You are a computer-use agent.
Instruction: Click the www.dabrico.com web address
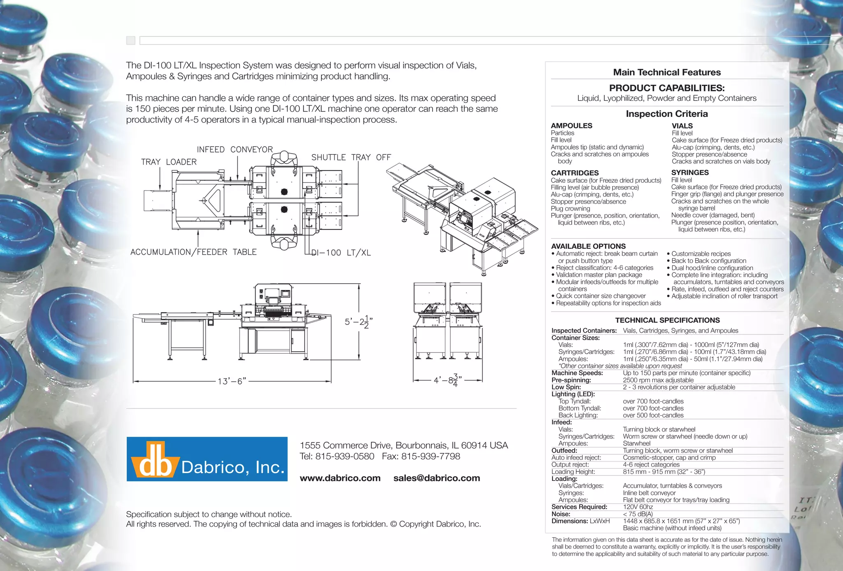click(x=340, y=478)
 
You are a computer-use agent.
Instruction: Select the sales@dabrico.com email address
click(x=436, y=478)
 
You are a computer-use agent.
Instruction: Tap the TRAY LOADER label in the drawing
click(x=169, y=162)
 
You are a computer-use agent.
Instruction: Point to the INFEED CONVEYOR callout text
click(x=235, y=149)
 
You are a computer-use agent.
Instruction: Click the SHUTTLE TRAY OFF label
click(x=351, y=157)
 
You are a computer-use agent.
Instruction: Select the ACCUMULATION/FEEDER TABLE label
click(x=193, y=252)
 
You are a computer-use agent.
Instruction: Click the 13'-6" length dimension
click(x=232, y=381)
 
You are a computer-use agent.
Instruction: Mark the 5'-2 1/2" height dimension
click(x=359, y=322)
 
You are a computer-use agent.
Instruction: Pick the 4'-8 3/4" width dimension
click(x=448, y=380)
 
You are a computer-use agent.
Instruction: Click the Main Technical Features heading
click(x=667, y=72)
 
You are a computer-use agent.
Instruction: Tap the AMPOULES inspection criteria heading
click(x=571, y=126)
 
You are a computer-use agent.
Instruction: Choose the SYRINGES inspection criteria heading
click(x=690, y=172)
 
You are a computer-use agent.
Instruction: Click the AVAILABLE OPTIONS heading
click(x=588, y=246)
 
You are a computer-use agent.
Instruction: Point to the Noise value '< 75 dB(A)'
click(x=638, y=514)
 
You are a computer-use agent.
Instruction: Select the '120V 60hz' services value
click(x=638, y=507)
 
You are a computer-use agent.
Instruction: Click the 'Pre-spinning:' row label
click(x=571, y=380)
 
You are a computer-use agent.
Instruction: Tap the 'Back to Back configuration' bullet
click(x=708, y=261)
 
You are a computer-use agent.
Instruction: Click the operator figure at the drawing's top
click(x=284, y=158)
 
